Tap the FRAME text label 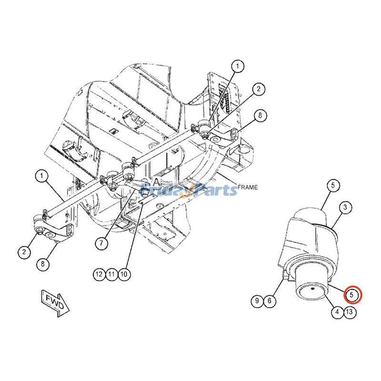247,187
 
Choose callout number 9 257,301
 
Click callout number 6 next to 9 269,301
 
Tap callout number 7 101,242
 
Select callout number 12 99,274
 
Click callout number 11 111,274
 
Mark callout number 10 123,274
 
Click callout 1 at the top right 238,66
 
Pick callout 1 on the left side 42,176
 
